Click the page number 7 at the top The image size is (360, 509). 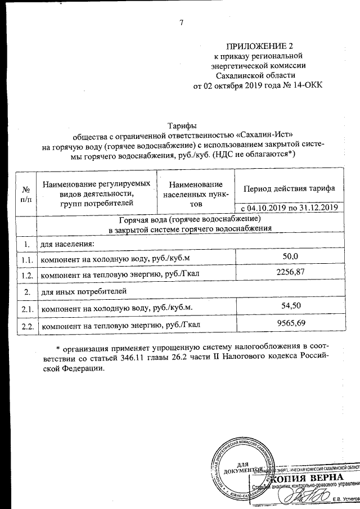coord(181,23)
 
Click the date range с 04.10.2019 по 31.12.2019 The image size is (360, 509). coord(289,208)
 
